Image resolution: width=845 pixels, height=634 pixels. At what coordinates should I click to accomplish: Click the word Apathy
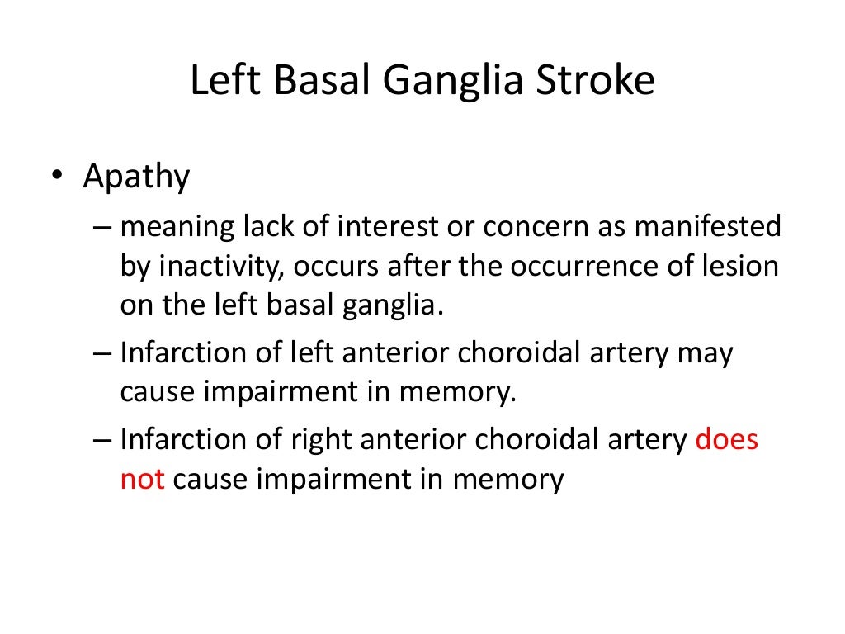[136, 177]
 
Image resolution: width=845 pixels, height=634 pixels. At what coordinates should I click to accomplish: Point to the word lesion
[746, 267]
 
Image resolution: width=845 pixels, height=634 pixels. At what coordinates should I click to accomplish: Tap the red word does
[726, 439]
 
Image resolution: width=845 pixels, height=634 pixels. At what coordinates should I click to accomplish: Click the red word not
[143, 479]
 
